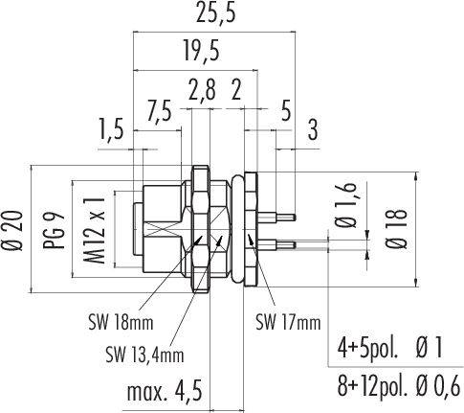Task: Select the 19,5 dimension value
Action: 202,50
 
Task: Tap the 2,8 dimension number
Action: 202,90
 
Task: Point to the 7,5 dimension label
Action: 159,111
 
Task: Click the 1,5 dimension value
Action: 111,128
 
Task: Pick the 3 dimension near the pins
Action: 313,130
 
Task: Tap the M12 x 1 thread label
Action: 95,230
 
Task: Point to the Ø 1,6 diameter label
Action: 346,205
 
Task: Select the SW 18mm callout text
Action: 121,323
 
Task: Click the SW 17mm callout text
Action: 288,323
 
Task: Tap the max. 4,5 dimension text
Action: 165,392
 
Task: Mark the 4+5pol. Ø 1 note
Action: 389,349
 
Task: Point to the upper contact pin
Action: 276,218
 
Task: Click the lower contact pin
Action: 276,245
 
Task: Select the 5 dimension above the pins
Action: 286,111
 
